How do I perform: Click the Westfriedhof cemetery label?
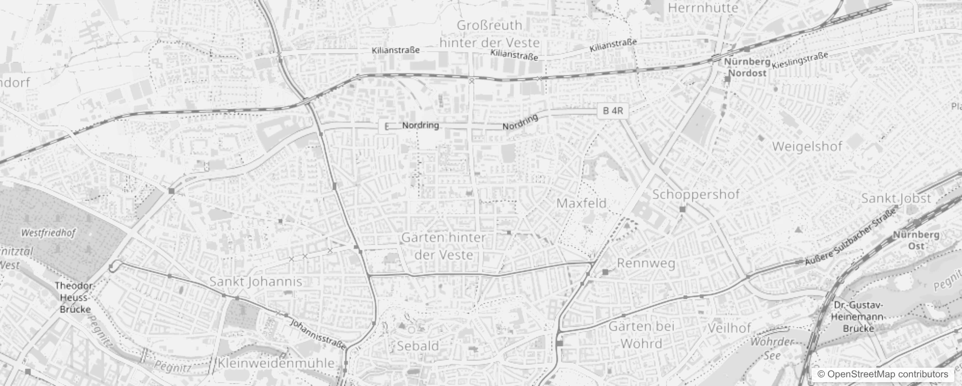pyautogui.click(x=48, y=233)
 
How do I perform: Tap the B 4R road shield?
pyautogui.click(x=613, y=111)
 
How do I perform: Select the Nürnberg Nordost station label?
pyautogui.click(x=747, y=68)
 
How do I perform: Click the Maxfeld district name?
pyautogui.click(x=581, y=203)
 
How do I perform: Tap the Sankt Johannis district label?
pyautogui.click(x=255, y=282)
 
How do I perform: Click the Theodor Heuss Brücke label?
pyautogui.click(x=75, y=297)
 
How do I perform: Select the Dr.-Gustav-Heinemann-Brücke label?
pyautogui.click(x=858, y=317)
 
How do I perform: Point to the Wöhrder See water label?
pyautogui.click(x=772, y=348)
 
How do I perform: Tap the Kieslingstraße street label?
pyautogui.click(x=800, y=60)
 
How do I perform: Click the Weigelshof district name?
pyautogui.click(x=807, y=147)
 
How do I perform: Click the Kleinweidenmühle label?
pyautogui.click(x=276, y=363)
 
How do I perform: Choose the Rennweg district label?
pyautogui.click(x=646, y=263)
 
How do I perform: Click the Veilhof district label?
pyautogui.click(x=729, y=328)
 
